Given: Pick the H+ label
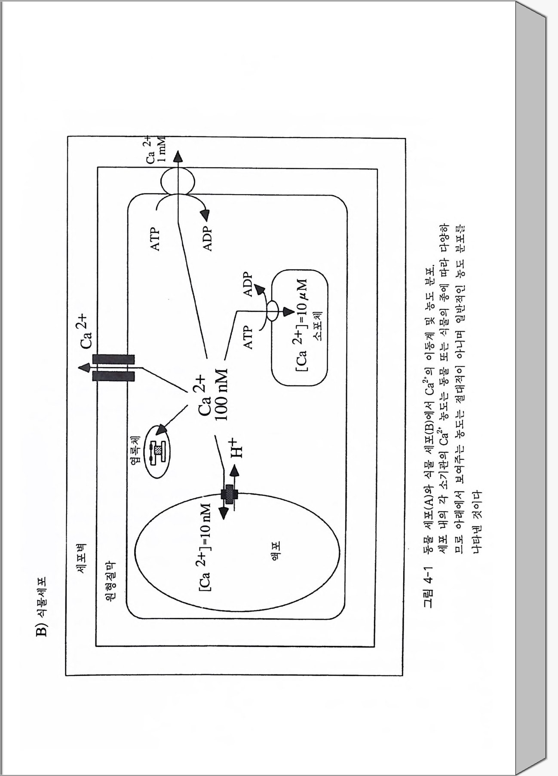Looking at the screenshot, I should (x=236, y=448).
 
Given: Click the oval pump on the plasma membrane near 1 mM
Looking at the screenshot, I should (x=177, y=180).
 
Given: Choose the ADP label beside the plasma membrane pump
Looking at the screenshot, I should (x=208, y=239).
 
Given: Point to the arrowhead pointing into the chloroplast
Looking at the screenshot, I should (x=161, y=430).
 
